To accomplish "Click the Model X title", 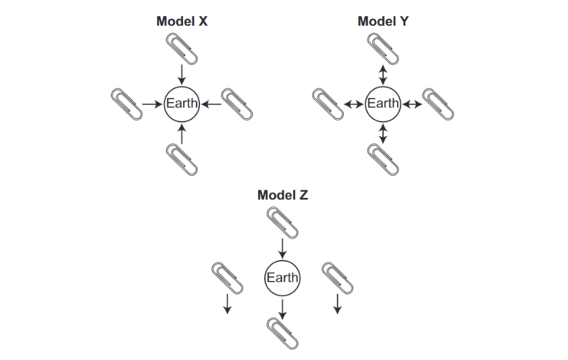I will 182,21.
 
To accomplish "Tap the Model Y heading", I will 383,21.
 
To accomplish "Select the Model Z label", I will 282,195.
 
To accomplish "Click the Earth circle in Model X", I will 182,104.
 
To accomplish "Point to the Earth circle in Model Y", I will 383,104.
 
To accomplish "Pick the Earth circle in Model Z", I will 282,278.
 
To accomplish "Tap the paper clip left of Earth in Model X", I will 127,103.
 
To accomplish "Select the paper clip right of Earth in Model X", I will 238,103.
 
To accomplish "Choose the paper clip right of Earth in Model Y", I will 438,103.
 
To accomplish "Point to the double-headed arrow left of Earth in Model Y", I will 353,104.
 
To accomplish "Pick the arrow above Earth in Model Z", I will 282,245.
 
